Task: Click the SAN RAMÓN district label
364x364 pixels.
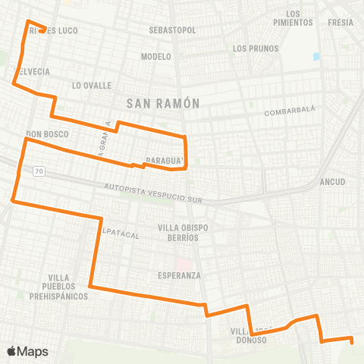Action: [162, 103]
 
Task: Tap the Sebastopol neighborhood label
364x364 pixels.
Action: [173, 30]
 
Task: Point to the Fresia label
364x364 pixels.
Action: [340, 23]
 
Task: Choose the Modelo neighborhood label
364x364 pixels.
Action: [156, 57]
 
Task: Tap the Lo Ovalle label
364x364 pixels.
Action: [92, 86]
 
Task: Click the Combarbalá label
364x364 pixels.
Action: [289, 112]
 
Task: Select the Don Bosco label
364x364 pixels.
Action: [47, 134]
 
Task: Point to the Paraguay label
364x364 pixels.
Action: [165, 160]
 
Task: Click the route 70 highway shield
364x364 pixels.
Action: [38, 173]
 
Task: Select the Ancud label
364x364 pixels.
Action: [333, 182]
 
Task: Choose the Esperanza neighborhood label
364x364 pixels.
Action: [179, 275]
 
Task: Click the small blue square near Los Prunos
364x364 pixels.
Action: [316, 56]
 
